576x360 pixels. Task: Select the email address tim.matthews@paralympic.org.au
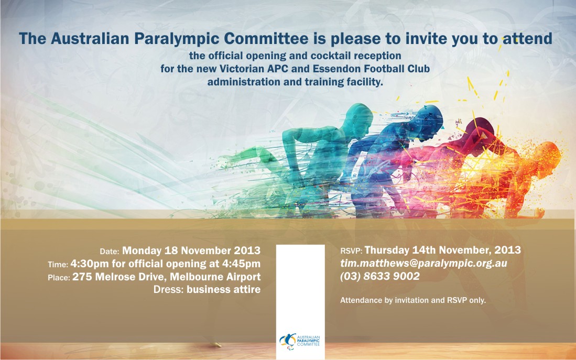[x=423, y=264]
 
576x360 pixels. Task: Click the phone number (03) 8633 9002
[x=380, y=276]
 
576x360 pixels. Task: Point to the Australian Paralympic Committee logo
[x=300, y=341]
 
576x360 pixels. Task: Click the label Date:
[x=110, y=252]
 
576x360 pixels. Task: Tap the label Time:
[x=58, y=265]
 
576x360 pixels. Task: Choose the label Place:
[x=59, y=278]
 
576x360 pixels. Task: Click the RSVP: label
[x=351, y=251]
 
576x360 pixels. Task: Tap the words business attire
[x=223, y=289]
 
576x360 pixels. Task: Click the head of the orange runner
[x=548, y=154]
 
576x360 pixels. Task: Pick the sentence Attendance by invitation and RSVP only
[x=413, y=300]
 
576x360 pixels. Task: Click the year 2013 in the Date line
[x=247, y=250]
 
